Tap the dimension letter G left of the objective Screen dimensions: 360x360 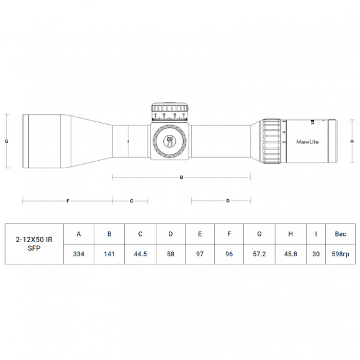pos(6,141)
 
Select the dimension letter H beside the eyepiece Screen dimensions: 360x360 pos(351,141)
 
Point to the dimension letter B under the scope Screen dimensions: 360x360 pos(181,177)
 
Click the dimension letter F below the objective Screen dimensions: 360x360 pos(67,201)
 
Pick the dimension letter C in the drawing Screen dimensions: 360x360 pos(132,201)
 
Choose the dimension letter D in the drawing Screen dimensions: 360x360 pos(228,201)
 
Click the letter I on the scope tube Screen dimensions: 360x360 pos(127,141)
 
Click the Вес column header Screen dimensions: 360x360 pos(340,234)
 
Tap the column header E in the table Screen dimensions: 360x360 pos(199,234)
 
